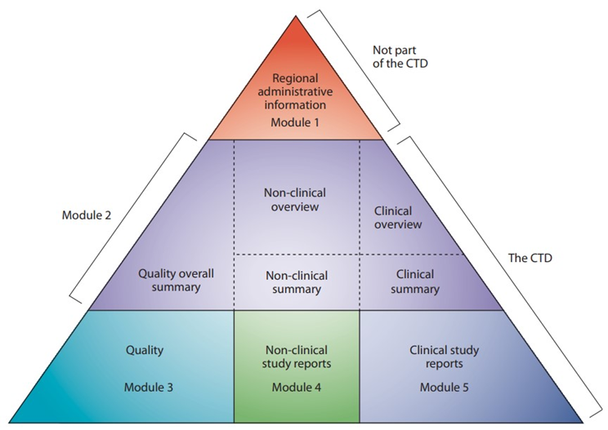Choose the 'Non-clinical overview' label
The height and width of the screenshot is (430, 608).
295,200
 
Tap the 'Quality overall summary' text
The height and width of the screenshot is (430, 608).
170,280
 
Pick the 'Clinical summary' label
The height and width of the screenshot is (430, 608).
414,281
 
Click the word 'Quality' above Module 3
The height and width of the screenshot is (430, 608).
145,351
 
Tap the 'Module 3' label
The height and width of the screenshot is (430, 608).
145,385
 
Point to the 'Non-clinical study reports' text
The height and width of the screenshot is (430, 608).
295,357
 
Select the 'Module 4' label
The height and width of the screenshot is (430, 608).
295,385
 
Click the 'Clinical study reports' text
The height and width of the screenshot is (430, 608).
444,357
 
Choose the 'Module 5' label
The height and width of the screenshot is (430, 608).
444,385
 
